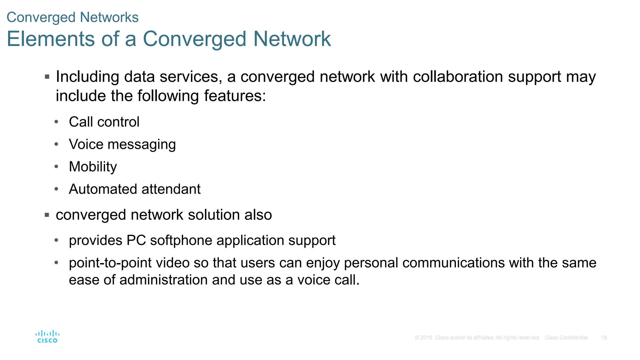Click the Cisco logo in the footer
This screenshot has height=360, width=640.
(47, 337)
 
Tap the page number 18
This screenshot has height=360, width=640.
(604, 338)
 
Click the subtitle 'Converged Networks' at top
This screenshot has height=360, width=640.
(72, 17)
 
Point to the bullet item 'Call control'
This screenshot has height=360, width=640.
(104, 122)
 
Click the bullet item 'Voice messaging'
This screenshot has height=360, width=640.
(122, 144)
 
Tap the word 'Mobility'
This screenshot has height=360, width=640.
(93, 167)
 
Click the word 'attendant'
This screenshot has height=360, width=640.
(171, 189)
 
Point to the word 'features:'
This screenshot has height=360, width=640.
(235, 96)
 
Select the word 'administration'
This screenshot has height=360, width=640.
(163, 280)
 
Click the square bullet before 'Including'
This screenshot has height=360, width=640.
(47, 77)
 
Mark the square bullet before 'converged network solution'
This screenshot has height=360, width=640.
(47, 215)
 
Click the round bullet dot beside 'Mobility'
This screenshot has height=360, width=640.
(56, 167)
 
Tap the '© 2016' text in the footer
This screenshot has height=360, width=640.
(423, 338)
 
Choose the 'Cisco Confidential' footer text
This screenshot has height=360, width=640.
(566, 338)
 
